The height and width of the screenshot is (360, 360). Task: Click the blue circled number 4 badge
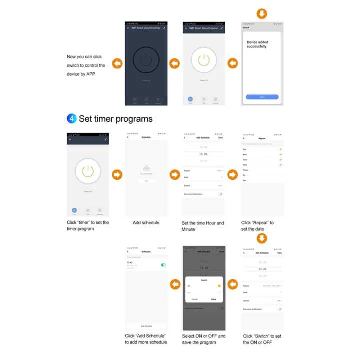click(72, 119)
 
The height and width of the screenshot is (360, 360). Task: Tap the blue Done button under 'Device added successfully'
click(262, 97)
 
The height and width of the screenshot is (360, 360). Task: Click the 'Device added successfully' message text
click(257, 44)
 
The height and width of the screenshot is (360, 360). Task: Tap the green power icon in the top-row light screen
click(203, 60)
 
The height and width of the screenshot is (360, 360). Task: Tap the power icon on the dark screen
click(145, 60)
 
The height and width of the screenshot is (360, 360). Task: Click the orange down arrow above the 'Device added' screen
click(262, 13)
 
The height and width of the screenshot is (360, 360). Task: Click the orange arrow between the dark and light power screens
click(174, 63)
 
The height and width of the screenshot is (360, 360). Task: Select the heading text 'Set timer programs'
click(115, 119)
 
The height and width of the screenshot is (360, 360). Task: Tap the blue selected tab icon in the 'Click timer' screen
click(74, 210)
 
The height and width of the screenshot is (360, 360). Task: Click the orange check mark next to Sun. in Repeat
click(281, 149)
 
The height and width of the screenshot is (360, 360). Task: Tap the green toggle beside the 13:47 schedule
click(163, 265)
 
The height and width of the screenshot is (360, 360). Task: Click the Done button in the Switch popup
click(213, 299)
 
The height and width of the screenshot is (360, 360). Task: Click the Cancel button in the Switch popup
click(194, 299)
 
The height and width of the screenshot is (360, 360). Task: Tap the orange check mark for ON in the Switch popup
click(219, 286)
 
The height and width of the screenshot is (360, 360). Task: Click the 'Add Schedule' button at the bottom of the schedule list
click(146, 325)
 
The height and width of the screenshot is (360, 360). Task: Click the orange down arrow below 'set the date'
click(262, 238)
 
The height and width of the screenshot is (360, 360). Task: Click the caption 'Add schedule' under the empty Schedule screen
click(146, 223)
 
